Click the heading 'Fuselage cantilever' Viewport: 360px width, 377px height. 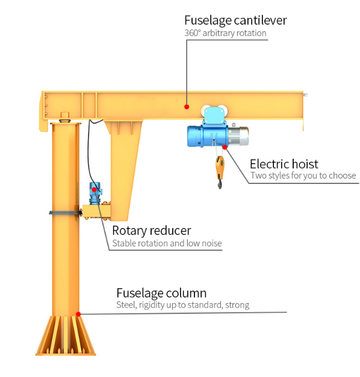click(x=235, y=20)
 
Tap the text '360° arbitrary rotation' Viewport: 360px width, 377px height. click(x=225, y=33)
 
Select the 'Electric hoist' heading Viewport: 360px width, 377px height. click(x=284, y=164)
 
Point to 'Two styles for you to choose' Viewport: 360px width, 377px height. click(x=303, y=176)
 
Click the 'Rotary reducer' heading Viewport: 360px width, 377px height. click(x=152, y=230)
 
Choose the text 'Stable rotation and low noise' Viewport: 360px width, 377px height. click(x=167, y=243)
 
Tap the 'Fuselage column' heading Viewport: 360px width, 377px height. click(x=161, y=293)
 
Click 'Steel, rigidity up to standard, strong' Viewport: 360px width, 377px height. click(x=183, y=305)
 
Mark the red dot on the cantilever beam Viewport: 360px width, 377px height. click(x=187, y=107)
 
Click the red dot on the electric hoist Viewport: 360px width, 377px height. click(x=225, y=147)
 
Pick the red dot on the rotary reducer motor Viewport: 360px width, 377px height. click(x=95, y=189)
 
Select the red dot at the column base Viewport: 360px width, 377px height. click(x=78, y=314)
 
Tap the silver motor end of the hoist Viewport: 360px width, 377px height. click(x=238, y=136)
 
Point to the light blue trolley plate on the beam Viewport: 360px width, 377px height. click(x=213, y=114)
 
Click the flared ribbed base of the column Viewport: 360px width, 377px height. click(x=66, y=336)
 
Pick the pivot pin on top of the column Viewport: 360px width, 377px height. click(x=65, y=117)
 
